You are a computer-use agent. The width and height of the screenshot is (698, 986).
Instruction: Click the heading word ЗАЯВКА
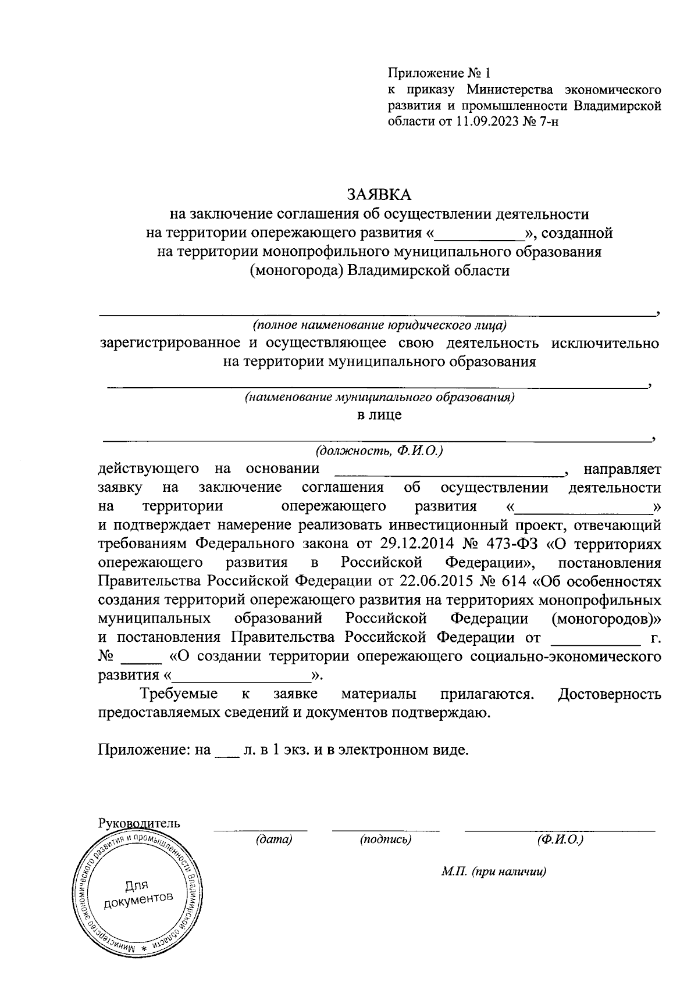pos(379,194)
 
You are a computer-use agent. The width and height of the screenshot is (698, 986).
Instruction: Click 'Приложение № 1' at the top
pos(439,74)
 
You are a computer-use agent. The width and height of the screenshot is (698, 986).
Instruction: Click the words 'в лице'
pos(379,415)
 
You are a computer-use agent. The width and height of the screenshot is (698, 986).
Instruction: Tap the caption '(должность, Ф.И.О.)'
pos(379,451)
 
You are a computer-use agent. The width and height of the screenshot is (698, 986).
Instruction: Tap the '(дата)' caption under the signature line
pos(273,839)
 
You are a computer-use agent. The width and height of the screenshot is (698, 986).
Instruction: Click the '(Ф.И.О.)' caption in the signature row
pos(560,839)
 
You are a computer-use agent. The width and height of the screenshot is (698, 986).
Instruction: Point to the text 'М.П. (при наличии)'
pos(494,872)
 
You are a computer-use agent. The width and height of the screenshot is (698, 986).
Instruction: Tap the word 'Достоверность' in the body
pos(609,694)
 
